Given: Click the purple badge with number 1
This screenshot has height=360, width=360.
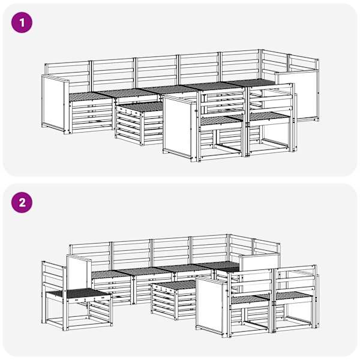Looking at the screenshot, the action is [x=22, y=23].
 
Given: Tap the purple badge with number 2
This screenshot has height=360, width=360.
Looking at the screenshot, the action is [x=22, y=203].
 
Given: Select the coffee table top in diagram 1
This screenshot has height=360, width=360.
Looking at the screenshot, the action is [x=140, y=107].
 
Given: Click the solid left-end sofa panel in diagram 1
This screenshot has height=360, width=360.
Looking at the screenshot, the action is [x=54, y=103].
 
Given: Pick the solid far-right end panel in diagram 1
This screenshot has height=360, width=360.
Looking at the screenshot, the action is [x=298, y=95].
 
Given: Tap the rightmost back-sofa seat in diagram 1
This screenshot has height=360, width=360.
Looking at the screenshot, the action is [x=251, y=83].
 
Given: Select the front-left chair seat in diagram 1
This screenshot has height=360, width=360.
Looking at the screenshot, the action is [x=220, y=121].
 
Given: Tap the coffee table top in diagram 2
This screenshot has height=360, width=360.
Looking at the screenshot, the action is [x=175, y=285].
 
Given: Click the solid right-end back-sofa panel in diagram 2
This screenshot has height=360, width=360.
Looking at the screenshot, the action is [x=259, y=262].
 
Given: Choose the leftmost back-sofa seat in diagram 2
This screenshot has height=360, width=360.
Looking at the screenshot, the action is [x=112, y=275].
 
